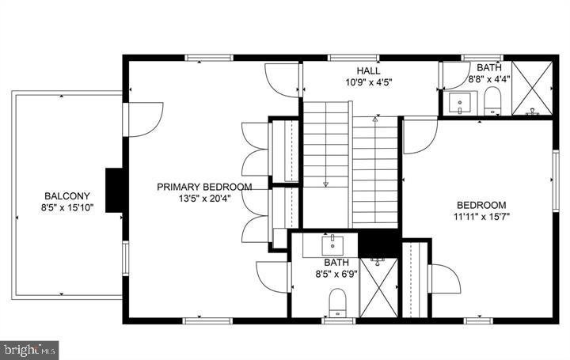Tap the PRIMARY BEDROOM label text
[204, 188]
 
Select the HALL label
[369, 70]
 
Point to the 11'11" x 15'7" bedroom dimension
[481, 215]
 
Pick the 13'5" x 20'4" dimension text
[204, 199]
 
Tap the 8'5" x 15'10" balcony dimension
[67, 208]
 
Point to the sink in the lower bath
[332, 241]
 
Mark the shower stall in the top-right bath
[532, 87]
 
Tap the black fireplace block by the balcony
[116, 188]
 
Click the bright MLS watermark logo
[30, 348]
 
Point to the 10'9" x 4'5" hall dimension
[369, 81]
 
